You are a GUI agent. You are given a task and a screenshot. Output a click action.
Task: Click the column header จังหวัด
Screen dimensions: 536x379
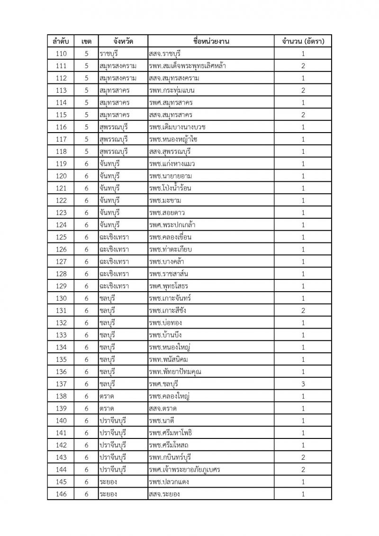tap(117, 41)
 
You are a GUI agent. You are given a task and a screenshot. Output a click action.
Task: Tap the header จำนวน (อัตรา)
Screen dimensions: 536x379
tap(303, 41)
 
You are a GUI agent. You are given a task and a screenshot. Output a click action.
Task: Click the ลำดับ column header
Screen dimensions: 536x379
tap(61, 41)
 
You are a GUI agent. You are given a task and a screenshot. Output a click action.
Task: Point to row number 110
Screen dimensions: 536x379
tap(61, 54)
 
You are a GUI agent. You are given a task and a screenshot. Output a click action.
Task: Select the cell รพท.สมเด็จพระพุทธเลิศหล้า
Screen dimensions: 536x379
tap(187, 66)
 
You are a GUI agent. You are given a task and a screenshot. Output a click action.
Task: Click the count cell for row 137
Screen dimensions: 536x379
tap(303, 384)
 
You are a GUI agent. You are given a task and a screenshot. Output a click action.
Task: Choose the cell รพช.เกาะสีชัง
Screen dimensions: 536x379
tap(169, 310)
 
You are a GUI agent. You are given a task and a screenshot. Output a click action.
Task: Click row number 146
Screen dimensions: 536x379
tap(61, 494)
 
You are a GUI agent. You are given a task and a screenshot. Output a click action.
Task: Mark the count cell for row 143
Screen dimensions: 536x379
tap(303, 457)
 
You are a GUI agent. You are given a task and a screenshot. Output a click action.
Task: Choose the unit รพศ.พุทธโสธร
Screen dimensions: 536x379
tap(168, 286)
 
